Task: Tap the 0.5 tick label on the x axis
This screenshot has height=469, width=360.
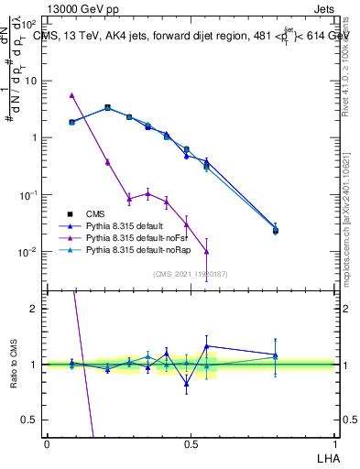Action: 190,442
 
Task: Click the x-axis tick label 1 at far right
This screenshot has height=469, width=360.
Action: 334,442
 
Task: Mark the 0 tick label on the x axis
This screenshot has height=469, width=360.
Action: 47,442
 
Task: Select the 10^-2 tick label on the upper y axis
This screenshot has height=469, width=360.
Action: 30,252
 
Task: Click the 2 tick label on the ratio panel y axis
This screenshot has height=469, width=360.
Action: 35,309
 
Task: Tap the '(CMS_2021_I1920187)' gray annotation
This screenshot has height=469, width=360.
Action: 191,273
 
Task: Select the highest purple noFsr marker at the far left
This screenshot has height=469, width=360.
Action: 71,94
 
